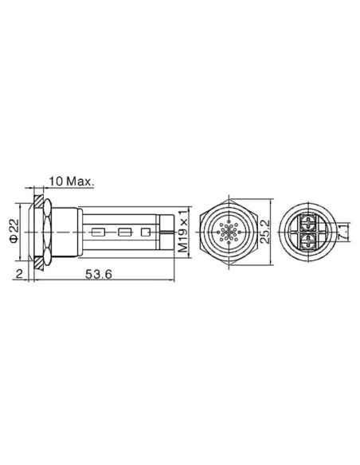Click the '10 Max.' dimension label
click(72, 181)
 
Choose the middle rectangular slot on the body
click(123, 233)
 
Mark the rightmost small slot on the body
click(145, 233)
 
